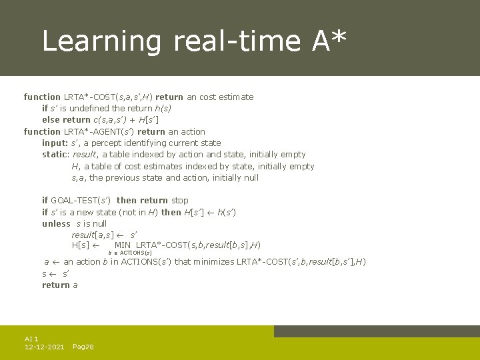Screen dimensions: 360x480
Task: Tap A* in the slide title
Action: click(329, 41)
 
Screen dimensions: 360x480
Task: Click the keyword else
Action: click(51, 119)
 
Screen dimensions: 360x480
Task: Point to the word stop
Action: click(180, 200)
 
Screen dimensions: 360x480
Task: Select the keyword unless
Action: click(56, 223)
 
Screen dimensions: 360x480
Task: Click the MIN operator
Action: click(123, 245)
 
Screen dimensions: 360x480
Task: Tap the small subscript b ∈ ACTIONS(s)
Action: click(130, 253)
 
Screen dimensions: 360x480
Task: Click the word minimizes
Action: click(213, 261)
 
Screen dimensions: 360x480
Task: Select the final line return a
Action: click(60, 285)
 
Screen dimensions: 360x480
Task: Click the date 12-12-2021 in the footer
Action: click(44, 347)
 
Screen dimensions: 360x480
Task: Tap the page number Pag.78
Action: click(83, 347)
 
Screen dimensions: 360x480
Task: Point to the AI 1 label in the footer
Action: click(31, 339)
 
